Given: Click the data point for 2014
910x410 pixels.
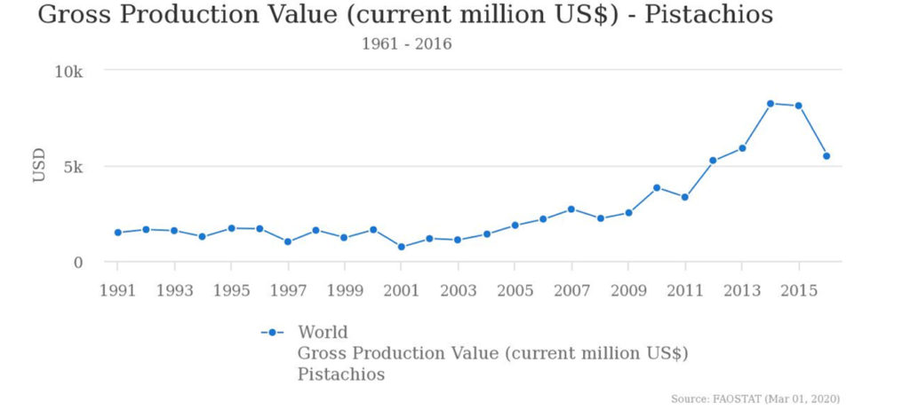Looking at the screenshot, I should [x=770, y=104].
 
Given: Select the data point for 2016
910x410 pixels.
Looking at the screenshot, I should [x=826, y=156].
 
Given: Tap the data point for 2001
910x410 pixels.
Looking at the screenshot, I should [x=402, y=247].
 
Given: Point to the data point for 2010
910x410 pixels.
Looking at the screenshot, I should [x=657, y=188].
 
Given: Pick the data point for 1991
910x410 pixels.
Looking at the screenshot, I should [x=117, y=233].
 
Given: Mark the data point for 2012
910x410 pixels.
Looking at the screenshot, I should [x=713, y=161].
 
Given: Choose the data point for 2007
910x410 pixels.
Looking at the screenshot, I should [x=571, y=209].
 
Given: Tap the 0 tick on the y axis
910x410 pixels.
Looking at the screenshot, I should [x=78, y=263].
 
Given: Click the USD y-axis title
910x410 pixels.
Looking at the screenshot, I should [x=39, y=166].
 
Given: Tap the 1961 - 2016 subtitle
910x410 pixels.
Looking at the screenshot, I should [x=406, y=44].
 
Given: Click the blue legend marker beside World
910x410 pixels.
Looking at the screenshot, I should [x=272, y=333].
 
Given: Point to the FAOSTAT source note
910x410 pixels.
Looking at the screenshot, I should [x=755, y=399].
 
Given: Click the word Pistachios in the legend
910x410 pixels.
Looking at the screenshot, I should [x=341, y=375].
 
